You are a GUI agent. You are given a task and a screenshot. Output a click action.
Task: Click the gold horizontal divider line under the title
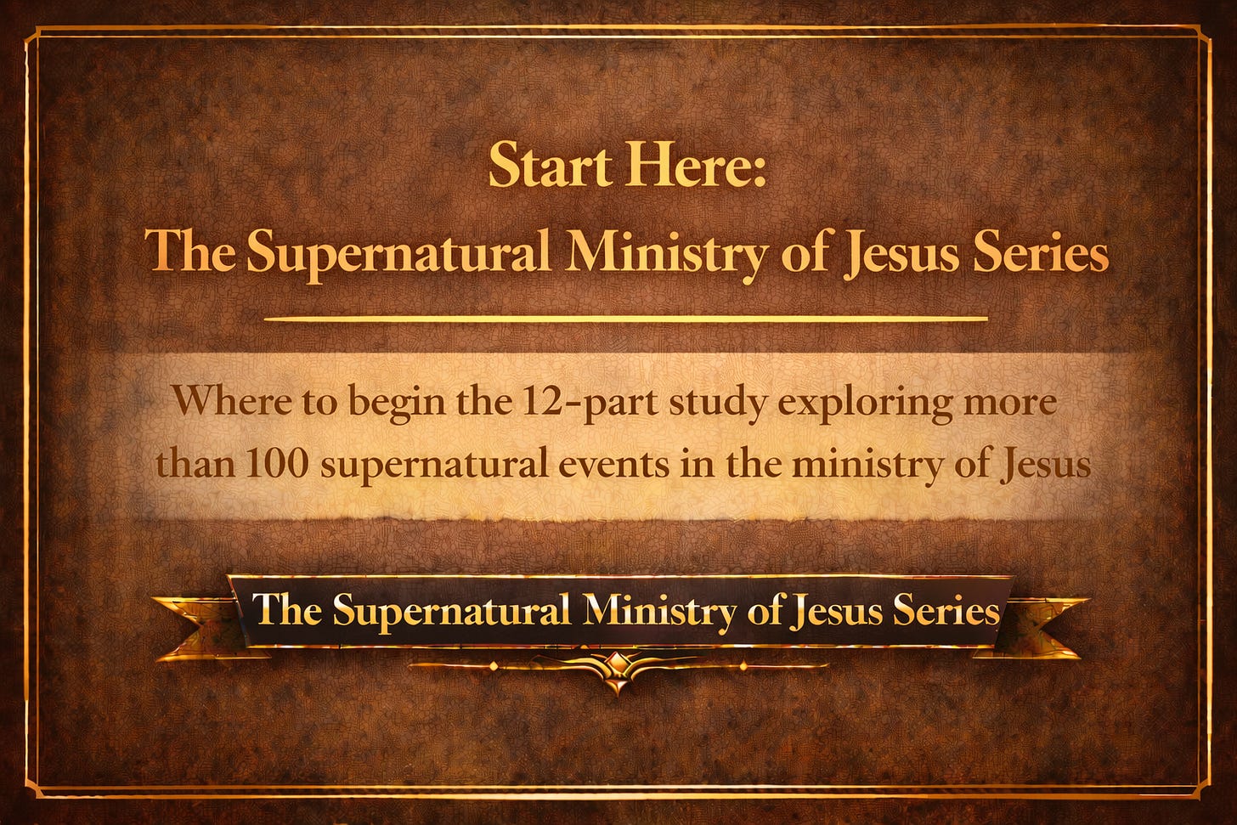coord(625,319)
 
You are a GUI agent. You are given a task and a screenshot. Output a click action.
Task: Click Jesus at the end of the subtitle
coord(1048,465)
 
